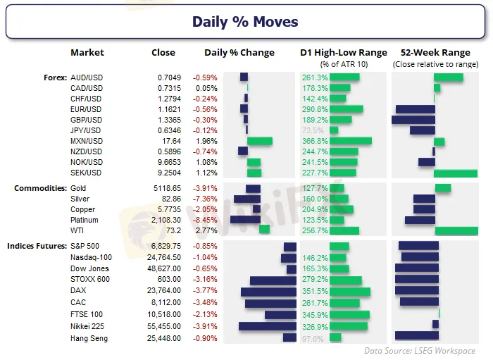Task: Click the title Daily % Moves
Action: [x=246, y=22]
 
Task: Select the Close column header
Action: [x=163, y=53]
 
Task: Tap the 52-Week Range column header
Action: [x=434, y=53]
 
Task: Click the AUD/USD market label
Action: [x=87, y=77]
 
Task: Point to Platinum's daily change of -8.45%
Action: [x=206, y=220]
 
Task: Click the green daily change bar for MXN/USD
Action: [x=259, y=141]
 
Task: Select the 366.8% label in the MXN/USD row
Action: [x=314, y=141]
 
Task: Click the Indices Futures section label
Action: [x=37, y=246]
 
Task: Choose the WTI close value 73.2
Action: [x=173, y=230]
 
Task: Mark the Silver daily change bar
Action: [x=247, y=199]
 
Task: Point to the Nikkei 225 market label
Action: [x=88, y=327]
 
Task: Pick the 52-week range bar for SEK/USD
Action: [x=455, y=173]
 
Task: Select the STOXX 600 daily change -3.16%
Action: [x=206, y=280]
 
